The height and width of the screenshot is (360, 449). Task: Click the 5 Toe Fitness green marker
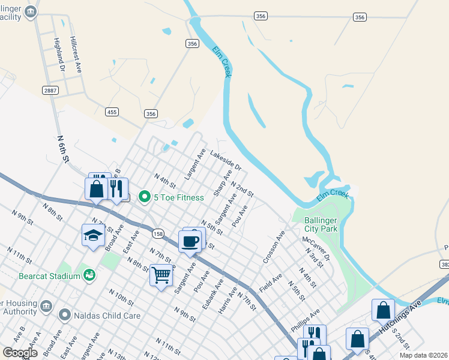144,197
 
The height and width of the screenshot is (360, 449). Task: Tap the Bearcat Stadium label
40,276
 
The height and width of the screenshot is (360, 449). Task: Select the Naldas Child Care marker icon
65,314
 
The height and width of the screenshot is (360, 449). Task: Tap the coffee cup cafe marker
190,242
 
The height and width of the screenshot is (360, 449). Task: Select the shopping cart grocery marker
161,275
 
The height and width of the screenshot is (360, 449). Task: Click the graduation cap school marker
92,235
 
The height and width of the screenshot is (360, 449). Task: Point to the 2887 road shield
50,90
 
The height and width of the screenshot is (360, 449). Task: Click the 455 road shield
112,112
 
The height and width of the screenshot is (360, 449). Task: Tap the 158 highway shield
158,233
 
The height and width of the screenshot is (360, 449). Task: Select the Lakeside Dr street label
225,160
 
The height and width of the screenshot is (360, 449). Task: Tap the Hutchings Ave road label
408,311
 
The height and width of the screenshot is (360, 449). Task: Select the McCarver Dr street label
316,247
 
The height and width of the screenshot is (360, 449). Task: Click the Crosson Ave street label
273,248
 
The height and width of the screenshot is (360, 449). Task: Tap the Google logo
20,353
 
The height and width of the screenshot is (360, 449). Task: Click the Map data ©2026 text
423,355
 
